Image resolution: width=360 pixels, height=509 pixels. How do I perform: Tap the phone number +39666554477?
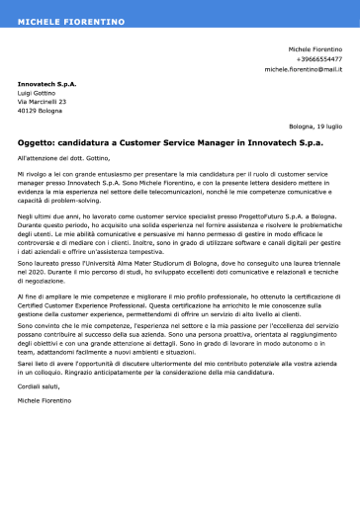point(318,59)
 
